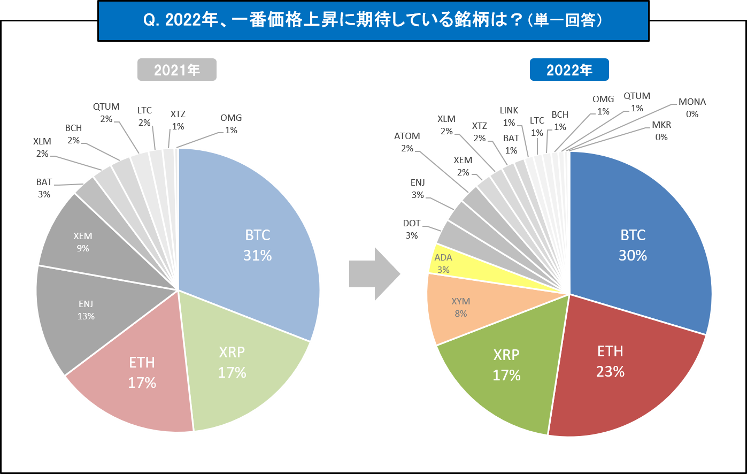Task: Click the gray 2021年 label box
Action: pos(176,70)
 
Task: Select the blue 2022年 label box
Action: pos(569,70)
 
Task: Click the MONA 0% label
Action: pos(692,108)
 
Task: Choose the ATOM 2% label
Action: pos(407,142)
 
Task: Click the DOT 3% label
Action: pos(412,230)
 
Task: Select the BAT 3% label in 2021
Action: pos(44,188)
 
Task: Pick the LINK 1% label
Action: pos(509,116)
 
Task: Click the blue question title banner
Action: pos(373,20)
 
